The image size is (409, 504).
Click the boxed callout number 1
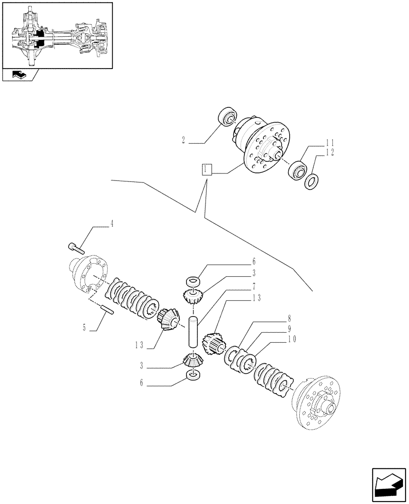point(207,169)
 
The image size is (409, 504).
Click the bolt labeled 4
point(76,247)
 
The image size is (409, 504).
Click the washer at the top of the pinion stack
point(193,280)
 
